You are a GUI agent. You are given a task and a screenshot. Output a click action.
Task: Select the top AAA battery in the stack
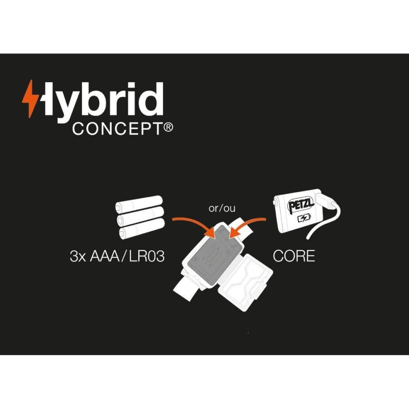139,203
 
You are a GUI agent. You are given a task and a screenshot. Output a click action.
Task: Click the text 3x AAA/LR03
117,257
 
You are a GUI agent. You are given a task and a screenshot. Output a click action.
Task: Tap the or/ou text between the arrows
222,209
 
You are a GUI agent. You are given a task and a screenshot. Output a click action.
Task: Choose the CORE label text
294,256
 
